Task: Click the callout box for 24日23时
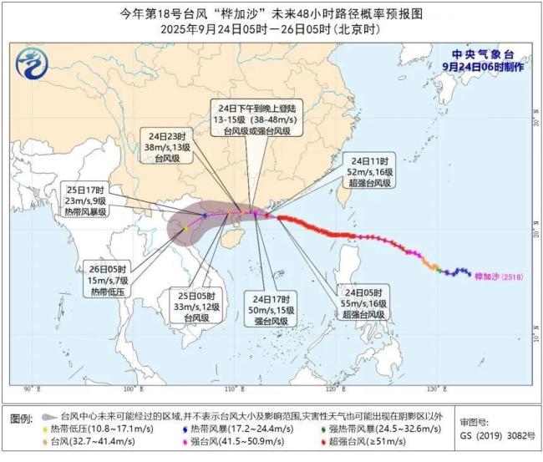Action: click(x=158, y=147)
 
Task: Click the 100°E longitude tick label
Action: click(x=129, y=389)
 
